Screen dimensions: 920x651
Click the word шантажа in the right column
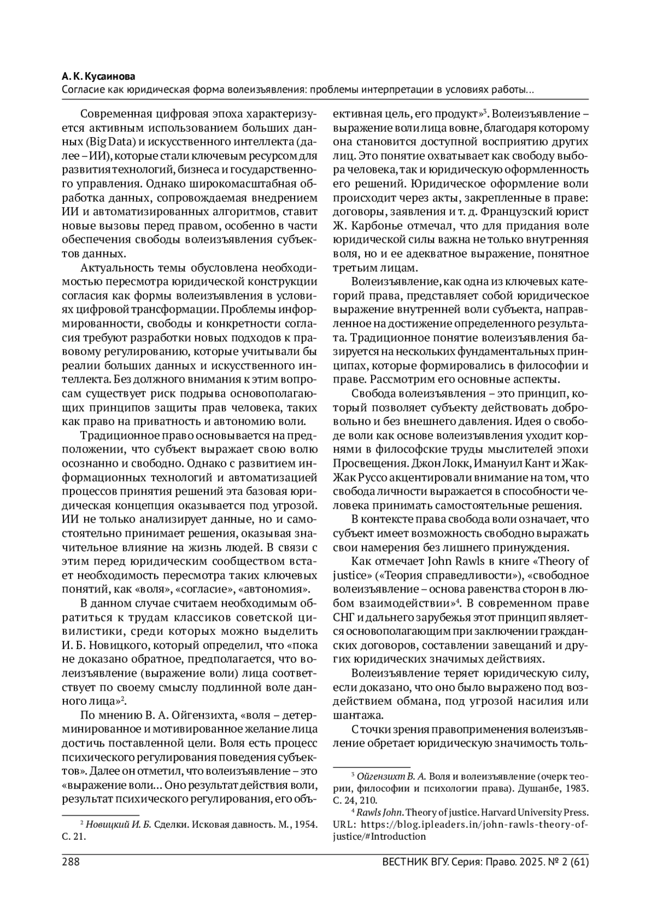coord(354,715)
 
